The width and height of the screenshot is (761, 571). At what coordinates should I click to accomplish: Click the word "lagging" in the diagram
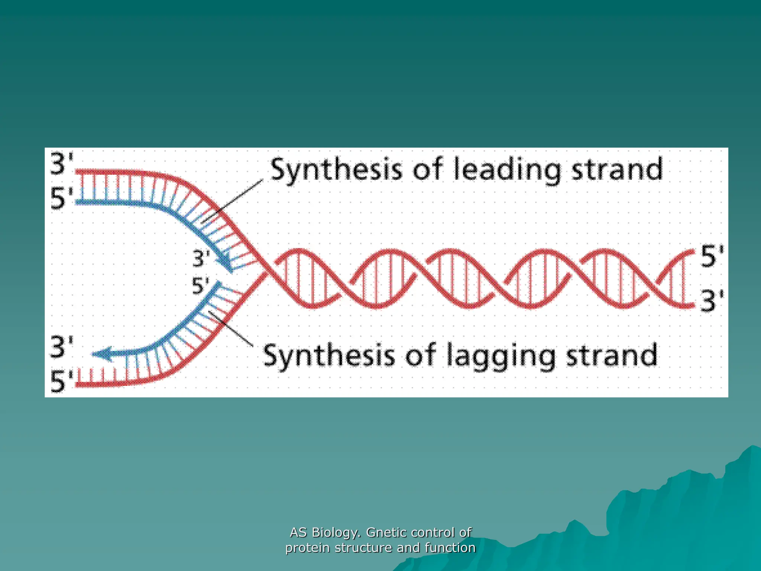click(501, 356)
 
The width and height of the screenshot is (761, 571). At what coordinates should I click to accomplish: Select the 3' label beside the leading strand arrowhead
click(201, 258)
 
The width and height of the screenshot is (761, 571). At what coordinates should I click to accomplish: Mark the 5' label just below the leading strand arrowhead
click(200, 286)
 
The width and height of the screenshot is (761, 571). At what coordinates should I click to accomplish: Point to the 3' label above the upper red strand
click(62, 164)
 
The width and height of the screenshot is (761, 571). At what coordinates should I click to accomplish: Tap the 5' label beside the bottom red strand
click(62, 381)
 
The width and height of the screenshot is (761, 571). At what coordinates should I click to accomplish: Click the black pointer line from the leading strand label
click(234, 201)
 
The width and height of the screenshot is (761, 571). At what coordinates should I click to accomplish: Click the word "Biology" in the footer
click(336, 532)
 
